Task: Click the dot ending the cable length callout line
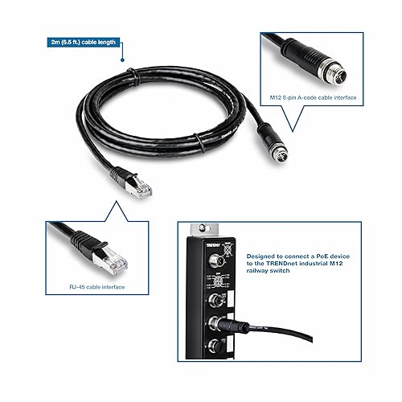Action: pos(121,59)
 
